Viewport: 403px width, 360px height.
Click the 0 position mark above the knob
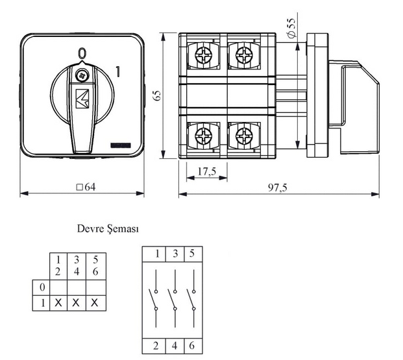coord(82,53)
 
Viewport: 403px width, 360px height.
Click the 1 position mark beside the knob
coord(117,72)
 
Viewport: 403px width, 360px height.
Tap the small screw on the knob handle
coord(82,75)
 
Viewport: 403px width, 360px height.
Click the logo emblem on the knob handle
coord(82,99)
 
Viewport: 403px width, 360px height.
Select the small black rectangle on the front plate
coord(121,145)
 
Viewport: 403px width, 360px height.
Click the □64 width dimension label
coord(86,187)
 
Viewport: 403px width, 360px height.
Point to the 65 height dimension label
coord(157,95)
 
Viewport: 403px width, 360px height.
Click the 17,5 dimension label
coord(207,171)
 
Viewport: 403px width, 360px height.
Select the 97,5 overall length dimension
coord(278,187)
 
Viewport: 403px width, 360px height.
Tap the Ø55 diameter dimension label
coord(292,29)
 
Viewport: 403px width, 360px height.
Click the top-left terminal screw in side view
coord(204,55)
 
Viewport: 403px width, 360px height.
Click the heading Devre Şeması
coord(108,228)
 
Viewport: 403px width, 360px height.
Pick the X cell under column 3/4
coord(76,303)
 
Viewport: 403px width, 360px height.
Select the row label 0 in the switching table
coord(42,287)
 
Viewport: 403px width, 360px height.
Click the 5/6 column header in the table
coord(95,266)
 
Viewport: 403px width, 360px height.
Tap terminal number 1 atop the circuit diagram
coord(157,254)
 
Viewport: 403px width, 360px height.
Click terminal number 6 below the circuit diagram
coord(192,346)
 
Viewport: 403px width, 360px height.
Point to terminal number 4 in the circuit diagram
coord(175,346)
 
